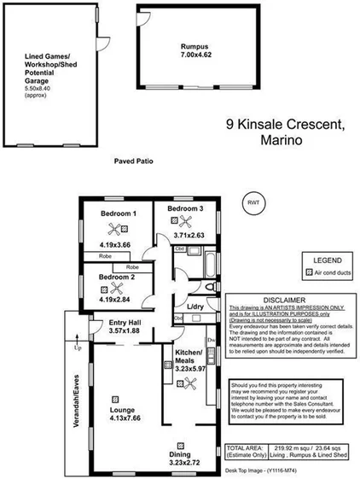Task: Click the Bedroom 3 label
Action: (x=185, y=209)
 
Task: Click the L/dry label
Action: (x=195, y=307)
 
